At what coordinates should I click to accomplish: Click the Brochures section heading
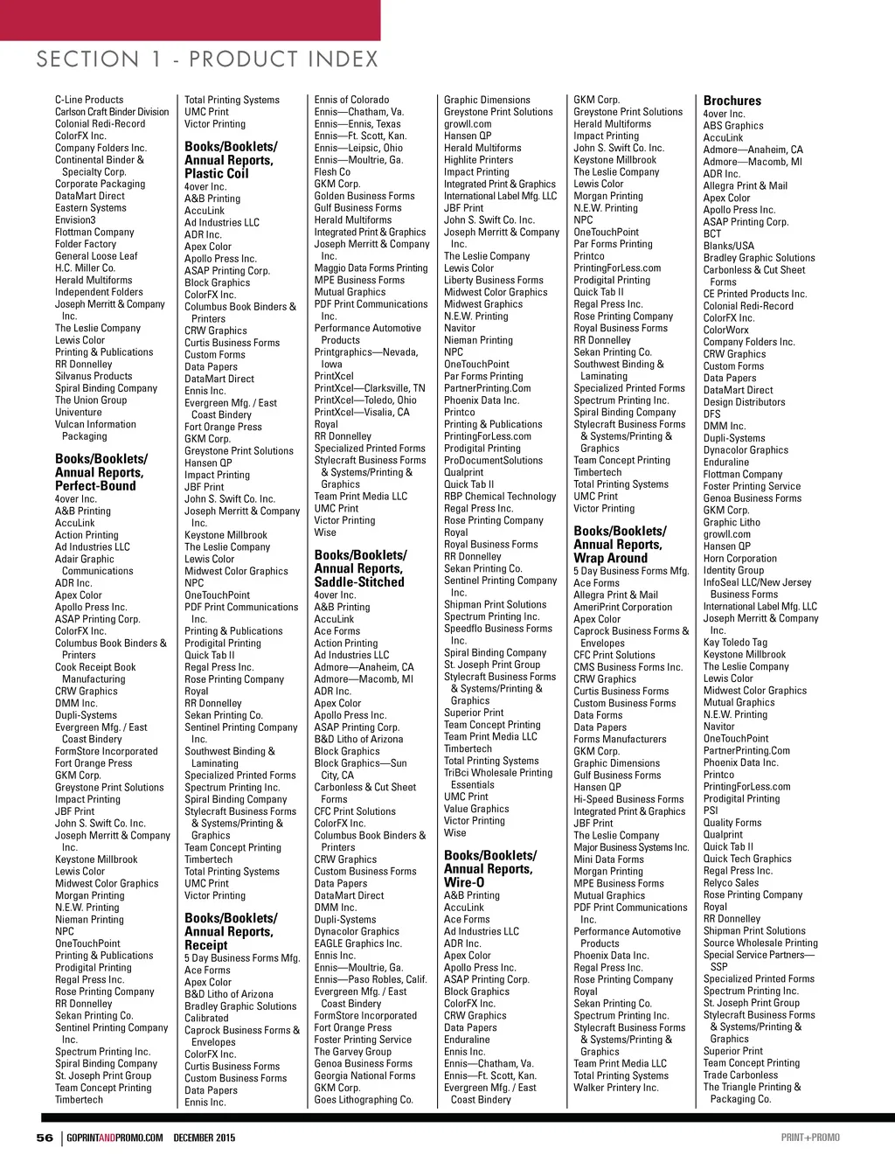pyautogui.click(x=732, y=101)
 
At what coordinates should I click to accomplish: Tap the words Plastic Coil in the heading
pyautogui.click(x=217, y=173)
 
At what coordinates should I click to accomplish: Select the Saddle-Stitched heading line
pyautogui.click(x=359, y=581)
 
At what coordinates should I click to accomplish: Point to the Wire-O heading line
pyautogui.click(x=464, y=882)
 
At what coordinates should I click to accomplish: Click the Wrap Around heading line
pyautogui.click(x=610, y=558)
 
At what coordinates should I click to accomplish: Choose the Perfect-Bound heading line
pyautogui.click(x=95, y=485)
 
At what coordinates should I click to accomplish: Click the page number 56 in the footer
pyautogui.click(x=45, y=1138)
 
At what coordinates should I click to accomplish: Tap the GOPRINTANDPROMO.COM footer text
pyautogui.click(x=114, y=1138)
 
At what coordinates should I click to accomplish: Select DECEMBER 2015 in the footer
pyautogui.click(x=205, y=1138)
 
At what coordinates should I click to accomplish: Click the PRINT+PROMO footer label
pyautogui.click(x=810, y=1138)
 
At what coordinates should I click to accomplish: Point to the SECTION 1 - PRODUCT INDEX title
pyautogui.click(x=207, y=59)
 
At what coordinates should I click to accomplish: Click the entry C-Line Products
pyautogui.click(x=89, y=100)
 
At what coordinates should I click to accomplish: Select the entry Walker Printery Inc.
pyautogui.click(x=615, y=1088)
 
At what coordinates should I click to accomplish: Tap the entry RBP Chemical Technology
pyautogui.click(x=499, y=496)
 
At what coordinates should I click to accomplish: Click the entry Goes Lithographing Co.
pyautogui.click(x=364, y=1100)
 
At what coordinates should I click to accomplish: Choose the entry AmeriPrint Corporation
pyautogui.click(x=622, y=607)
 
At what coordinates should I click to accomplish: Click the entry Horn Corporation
pyautogui.click(x=739, y=558)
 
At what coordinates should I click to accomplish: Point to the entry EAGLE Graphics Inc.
pyautogui.click(x=357, y=943)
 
